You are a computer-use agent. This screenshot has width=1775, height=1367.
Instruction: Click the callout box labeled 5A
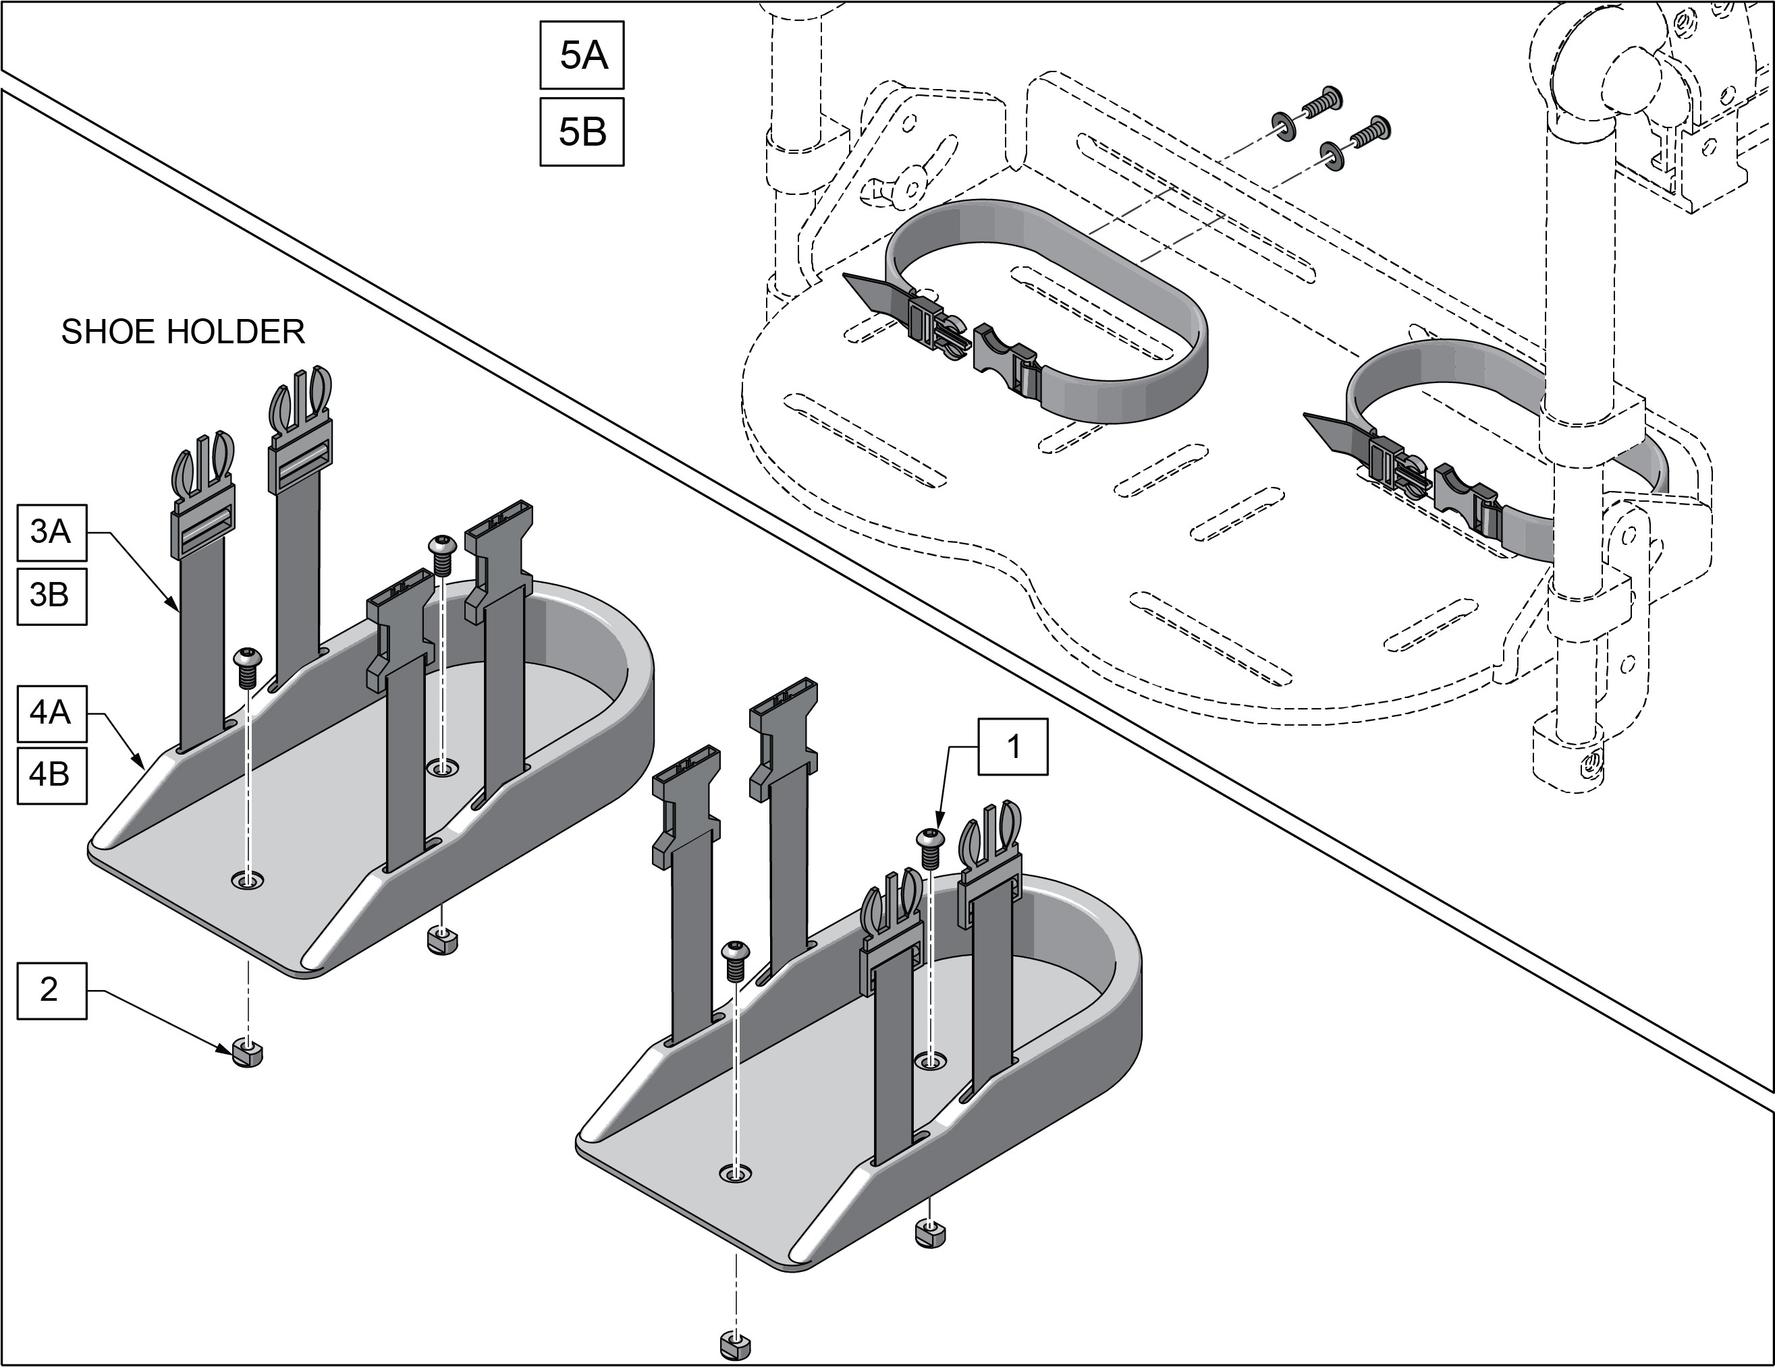click(x=582, y=55)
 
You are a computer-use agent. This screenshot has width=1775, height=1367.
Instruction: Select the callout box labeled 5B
click(x=582, y=132)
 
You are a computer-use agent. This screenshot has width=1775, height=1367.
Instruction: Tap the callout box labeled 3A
click(x=51, y=532)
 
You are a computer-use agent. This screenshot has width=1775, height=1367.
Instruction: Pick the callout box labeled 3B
click(x=51, y=595)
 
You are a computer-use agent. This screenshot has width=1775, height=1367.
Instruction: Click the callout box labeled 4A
click(x=51, y=712)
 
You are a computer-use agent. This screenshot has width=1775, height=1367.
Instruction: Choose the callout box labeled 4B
click(x=51, y=774)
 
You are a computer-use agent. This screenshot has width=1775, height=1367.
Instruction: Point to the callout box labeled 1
click(x=1012, y=747)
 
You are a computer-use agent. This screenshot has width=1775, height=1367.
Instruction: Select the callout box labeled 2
click(x=51, y=989)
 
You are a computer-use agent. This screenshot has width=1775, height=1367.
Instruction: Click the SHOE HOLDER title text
click(x=183, y=331)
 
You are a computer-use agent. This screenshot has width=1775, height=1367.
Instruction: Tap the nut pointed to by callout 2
click(x=246, y=1053)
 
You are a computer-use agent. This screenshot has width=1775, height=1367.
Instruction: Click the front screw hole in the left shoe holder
click(x=247, y=881)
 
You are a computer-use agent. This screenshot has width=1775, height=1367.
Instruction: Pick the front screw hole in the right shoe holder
click(x=736, y=1172)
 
